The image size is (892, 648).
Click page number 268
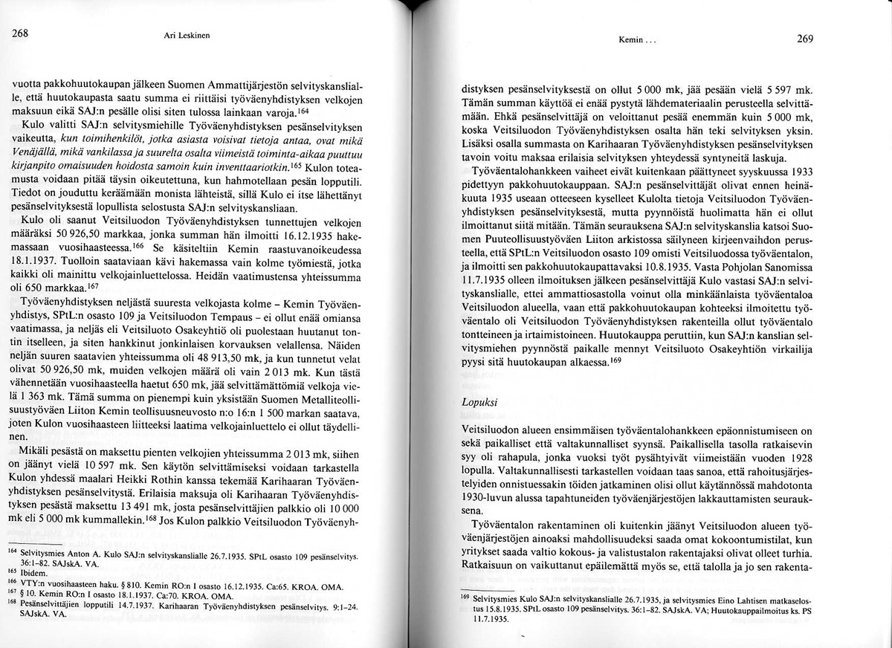coord(20,33)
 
